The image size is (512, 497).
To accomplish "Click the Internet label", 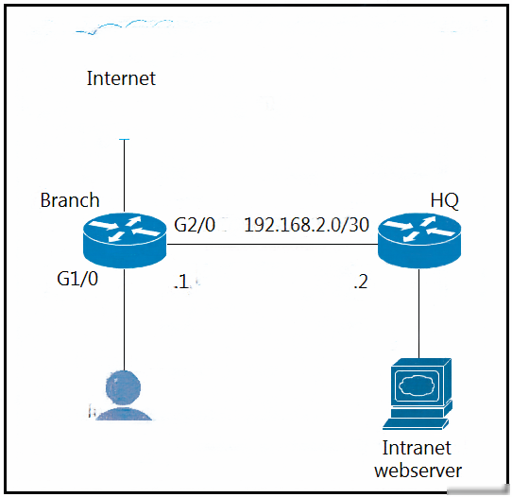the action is [x=121, y=78].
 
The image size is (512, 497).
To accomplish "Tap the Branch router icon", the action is [x=125, y=240].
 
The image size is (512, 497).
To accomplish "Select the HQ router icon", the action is [x=419, y=240].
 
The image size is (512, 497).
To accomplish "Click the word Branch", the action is [x=70, y=200].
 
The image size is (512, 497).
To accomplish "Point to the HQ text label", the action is [x=444, y=200].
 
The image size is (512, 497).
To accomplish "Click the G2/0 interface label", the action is [x=195, y=225].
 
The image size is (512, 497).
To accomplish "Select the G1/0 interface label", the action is [x=77, y=279].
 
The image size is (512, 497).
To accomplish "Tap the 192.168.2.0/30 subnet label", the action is [x=307, y=225].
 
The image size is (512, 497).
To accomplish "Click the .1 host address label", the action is [x=181, y=282].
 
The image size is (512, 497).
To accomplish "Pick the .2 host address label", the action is [x=361, y=282].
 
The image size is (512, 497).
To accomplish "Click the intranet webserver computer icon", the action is [x=418, y=393].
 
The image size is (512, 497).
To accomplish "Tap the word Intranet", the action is [x=417, y=448].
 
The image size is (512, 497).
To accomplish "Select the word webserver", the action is [x=418, y=471].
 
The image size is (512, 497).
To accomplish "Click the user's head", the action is [x=124, y=388].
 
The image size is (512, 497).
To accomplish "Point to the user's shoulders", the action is [x=124, y=413].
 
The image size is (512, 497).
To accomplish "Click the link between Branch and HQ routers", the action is [x=272, y=244].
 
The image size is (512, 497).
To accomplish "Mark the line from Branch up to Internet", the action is [x=124, y=176].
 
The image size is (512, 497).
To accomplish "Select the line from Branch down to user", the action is [x=124, y=319].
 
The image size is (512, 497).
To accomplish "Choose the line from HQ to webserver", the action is [x=419, y=313].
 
